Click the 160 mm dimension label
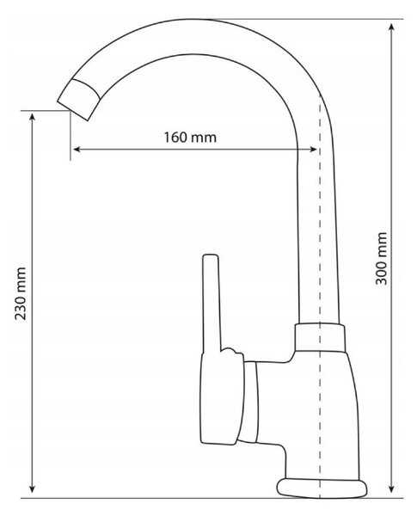190,137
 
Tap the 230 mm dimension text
21,293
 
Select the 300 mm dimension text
382,259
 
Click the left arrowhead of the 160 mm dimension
77,150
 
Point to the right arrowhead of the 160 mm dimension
313,150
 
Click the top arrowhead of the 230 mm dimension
32,118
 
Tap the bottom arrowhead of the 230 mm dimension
32,488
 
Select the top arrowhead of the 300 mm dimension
391,27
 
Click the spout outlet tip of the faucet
79,100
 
